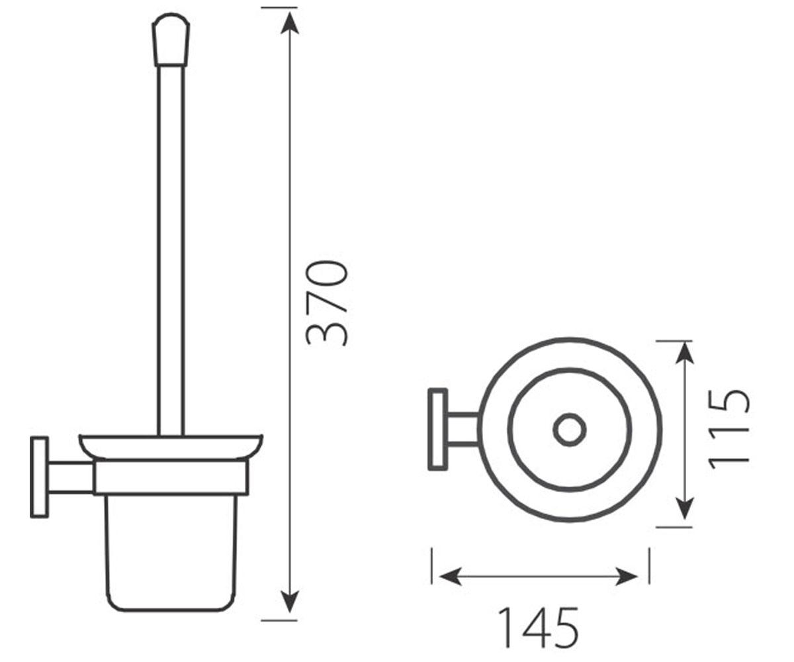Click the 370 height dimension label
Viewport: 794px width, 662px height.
point(327,303)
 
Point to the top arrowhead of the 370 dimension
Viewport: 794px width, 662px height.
point(290,23)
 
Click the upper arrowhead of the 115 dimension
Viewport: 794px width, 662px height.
point(684,352)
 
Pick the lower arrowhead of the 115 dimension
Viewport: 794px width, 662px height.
point(684,508)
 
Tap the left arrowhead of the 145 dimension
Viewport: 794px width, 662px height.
point(450,577)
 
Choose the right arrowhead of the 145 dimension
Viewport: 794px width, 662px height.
point(627,577)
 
